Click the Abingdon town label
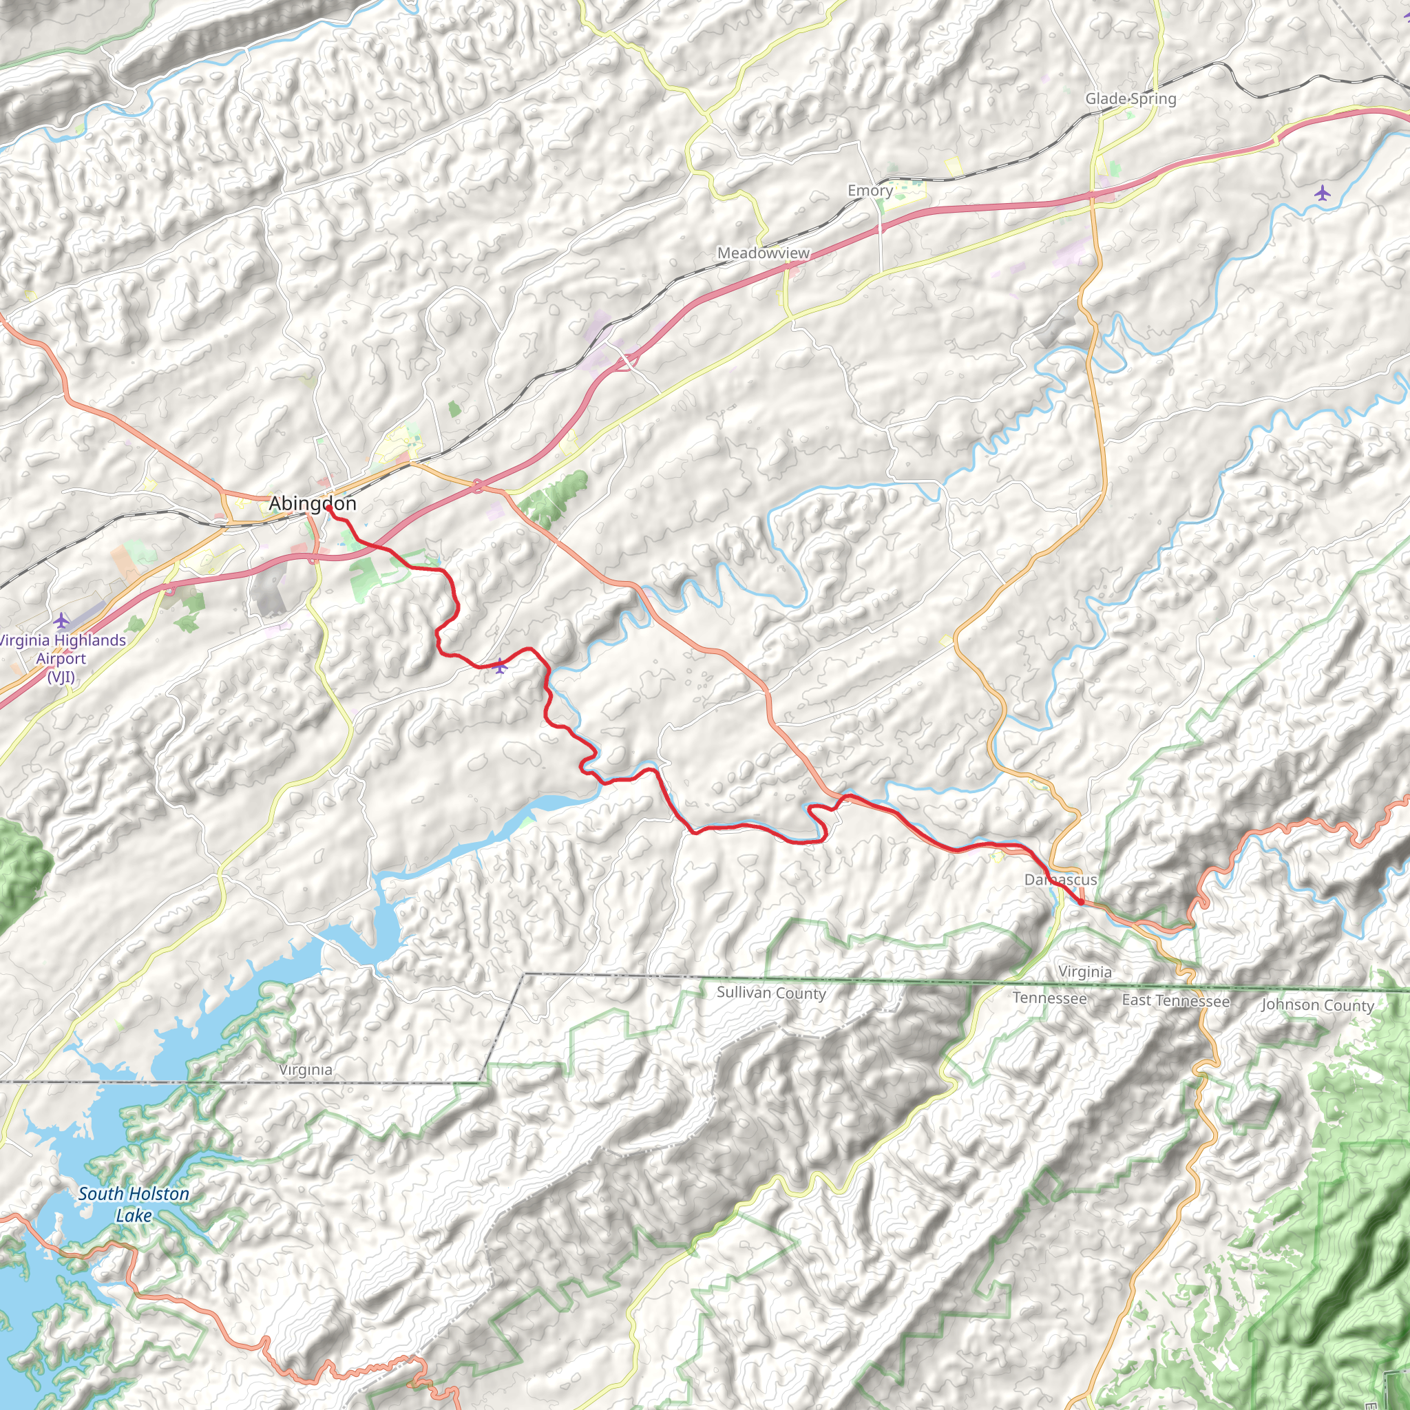[x=313, y=503]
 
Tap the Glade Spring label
[x=1130, y=98]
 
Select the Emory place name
[x=870, y=191]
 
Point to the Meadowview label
[x=764, y=253]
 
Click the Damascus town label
[x=1060, y=879]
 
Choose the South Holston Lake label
[x=134, y=1204]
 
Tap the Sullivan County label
[x=770, y=993]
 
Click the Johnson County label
[x=1317, y=1005]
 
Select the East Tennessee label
[x=1176, y=1000]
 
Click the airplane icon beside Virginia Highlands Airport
[x=61, y=621]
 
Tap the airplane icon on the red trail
[x=500, y=666]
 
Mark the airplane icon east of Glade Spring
[x=1323, y=193]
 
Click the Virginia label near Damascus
[x=1085, y=972]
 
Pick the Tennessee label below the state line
[x=1049, y=998]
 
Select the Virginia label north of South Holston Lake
[x=306, y=1070]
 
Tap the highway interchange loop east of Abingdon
[x=478, y=486]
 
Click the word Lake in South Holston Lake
[x=134, y=1215]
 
